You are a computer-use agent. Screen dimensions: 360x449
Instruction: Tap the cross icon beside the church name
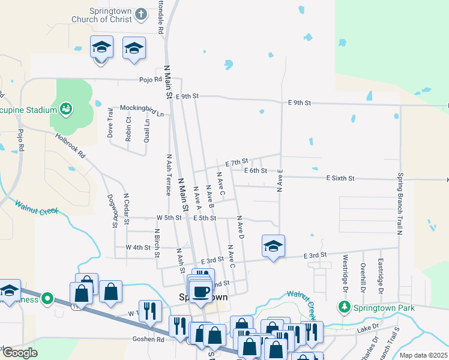[141, 13]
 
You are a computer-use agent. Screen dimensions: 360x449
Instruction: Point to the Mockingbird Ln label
[142, 107]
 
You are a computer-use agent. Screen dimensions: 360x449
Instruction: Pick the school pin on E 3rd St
[273, 246]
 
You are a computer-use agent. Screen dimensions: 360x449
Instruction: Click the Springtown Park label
[376, 308]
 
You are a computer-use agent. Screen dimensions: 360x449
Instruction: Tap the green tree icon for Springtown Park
[345, 308]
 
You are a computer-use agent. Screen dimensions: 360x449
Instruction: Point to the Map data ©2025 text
[423, 355]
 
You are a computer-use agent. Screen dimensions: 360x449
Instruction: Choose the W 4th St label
[137, 247]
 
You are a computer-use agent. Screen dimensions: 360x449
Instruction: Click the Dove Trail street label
[110, 123]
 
